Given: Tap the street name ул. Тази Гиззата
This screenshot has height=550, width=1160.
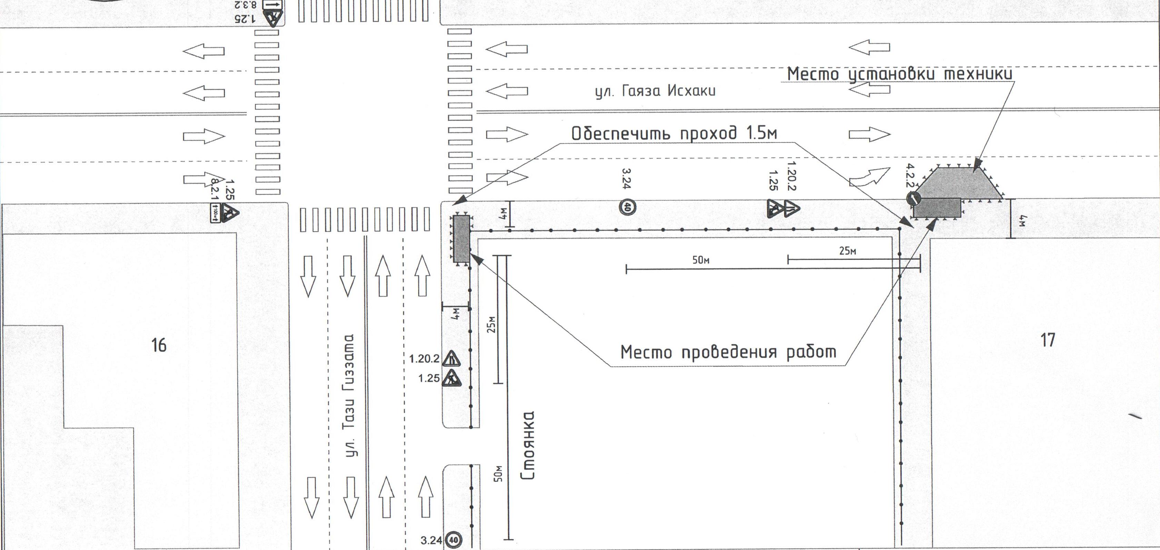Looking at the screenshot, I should (351, 396).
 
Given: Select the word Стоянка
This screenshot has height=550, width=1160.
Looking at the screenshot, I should (528, 446).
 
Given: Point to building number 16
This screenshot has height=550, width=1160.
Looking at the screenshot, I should (159, 345).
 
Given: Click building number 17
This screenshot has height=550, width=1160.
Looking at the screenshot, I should (1048, 340).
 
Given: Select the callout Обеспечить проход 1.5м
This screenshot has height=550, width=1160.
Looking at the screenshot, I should (674, 134).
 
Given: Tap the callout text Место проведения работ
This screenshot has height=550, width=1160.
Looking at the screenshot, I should (728, 352).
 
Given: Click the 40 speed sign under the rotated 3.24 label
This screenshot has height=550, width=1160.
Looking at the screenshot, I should (628, 207).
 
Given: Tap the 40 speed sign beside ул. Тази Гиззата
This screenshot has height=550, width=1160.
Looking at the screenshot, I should (453, 540).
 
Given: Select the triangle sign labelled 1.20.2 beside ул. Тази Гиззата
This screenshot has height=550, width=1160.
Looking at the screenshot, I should (451, 359).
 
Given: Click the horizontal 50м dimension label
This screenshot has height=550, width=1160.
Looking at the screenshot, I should (701, 260).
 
